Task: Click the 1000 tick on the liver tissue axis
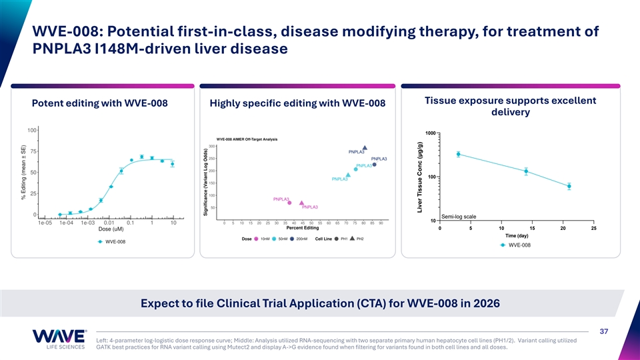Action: [x=429, y=133]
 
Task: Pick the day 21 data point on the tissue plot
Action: [x=569, y=186]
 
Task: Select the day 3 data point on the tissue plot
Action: [x=458, y=154]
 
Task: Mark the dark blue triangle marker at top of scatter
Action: [x=365, y=147]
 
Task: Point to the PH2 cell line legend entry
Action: [x=356, y=239]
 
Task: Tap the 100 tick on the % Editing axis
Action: [x=31, y=130]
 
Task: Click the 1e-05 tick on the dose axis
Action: [x=45, y=223]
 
